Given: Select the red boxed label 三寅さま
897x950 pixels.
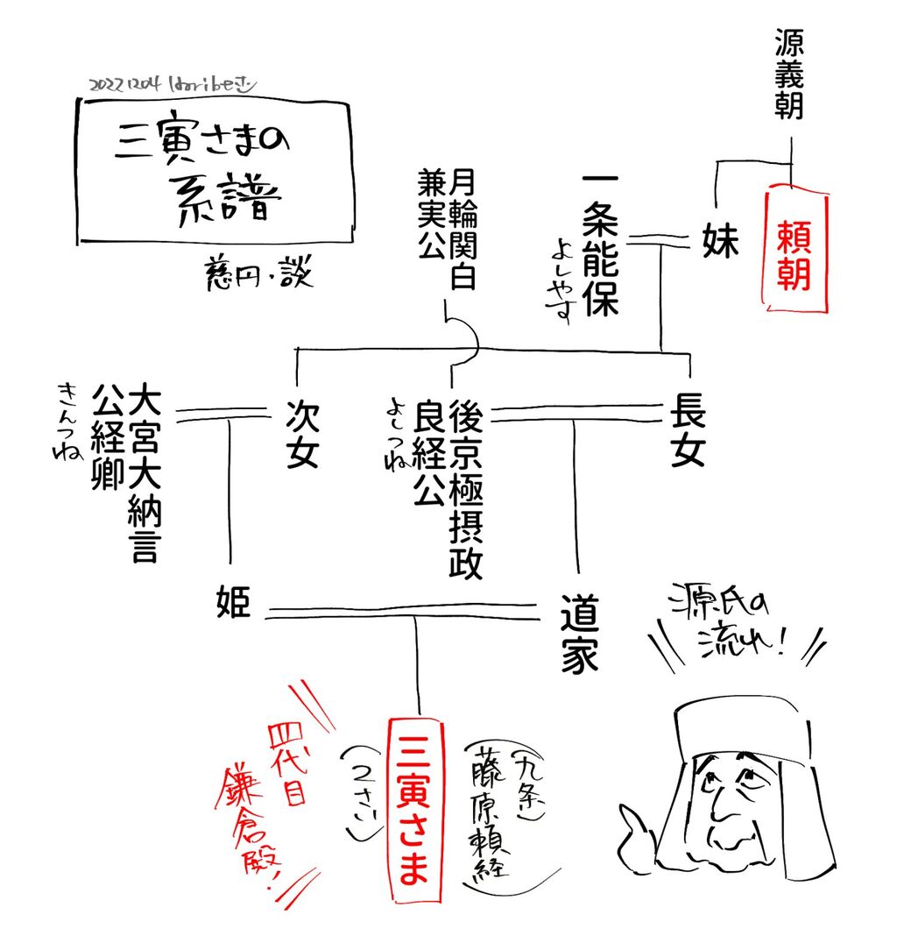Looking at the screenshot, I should pos(413,810).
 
